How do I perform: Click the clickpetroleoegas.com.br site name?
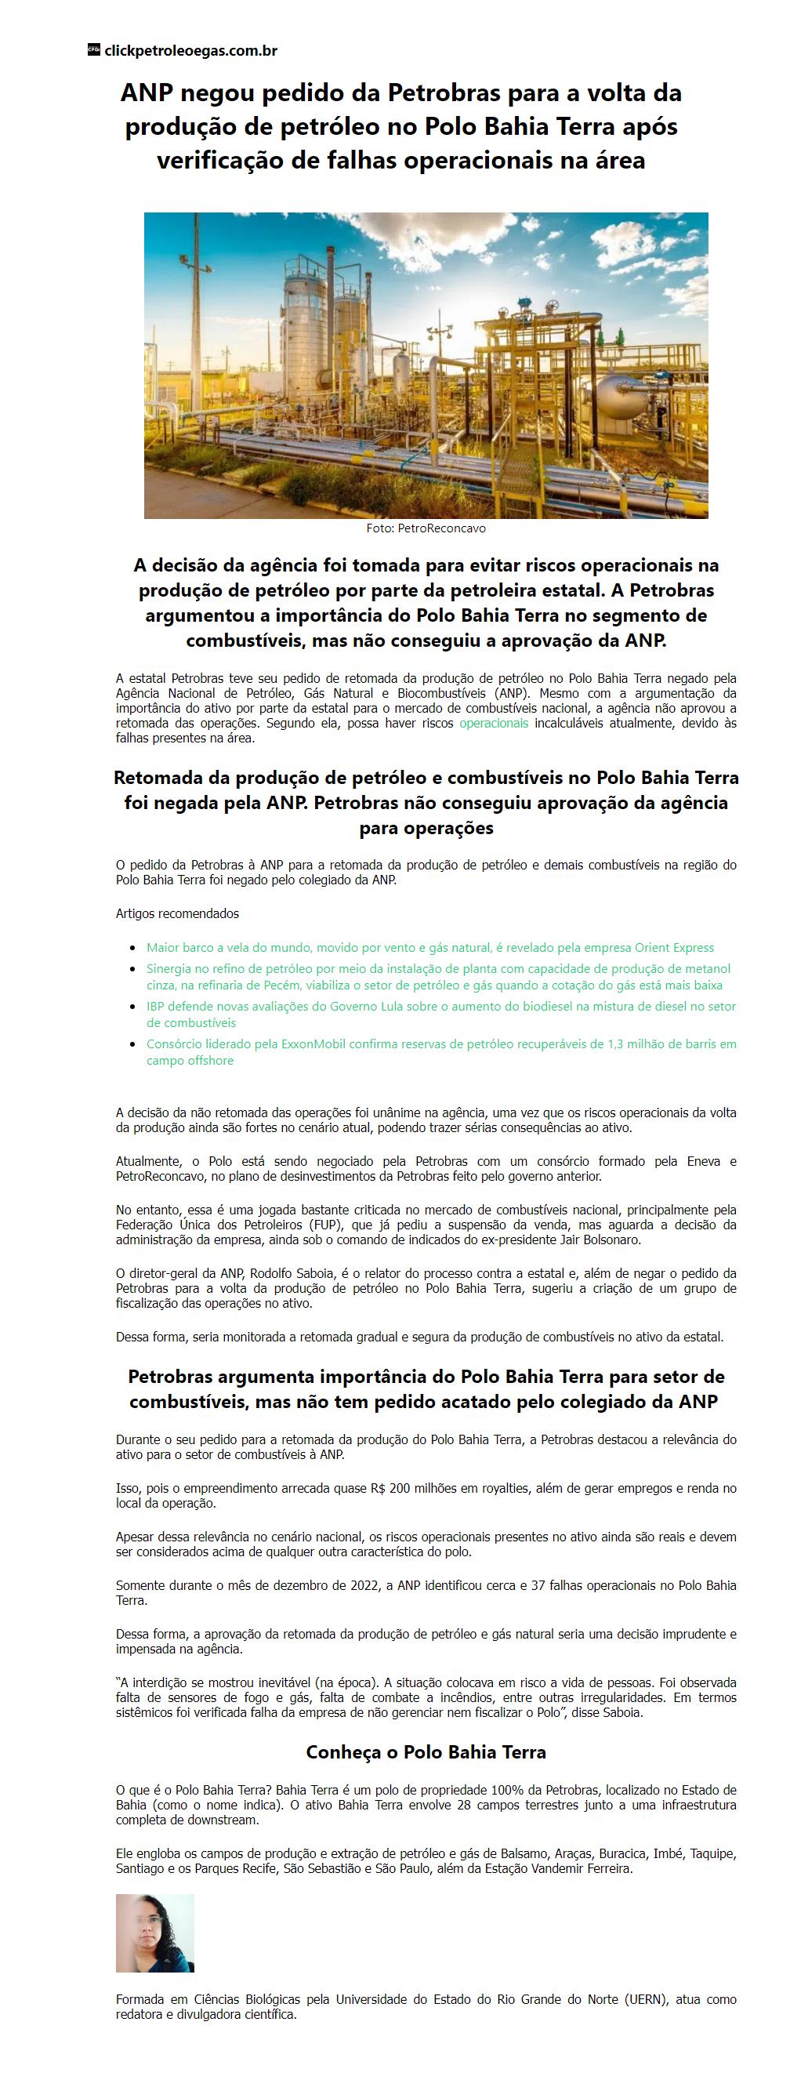(190, 50)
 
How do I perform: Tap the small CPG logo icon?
(93, 49)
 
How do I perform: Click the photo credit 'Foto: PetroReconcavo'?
(426, 528)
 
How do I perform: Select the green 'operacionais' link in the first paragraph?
(494, 723)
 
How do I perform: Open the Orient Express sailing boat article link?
(429, 947)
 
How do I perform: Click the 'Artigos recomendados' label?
(177, 913)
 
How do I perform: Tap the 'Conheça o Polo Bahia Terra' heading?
(426, 1751)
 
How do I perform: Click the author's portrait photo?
(154, 1933)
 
